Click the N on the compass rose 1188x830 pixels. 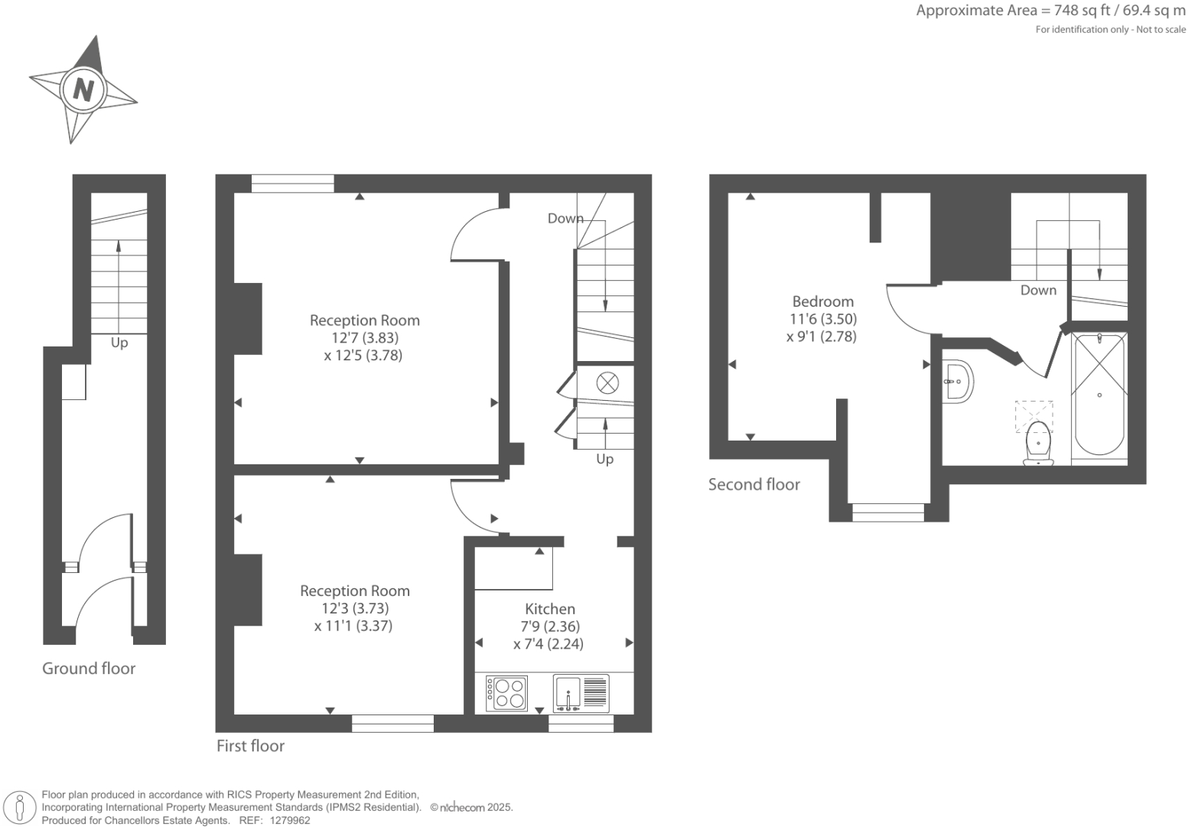pos(83,90)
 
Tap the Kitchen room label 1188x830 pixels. pos(549,609)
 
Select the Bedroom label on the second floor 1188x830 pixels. pos(822,301)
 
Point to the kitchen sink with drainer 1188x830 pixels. pos(581,693)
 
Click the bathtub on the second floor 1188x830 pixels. pos(1099,395)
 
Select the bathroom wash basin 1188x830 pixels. pos(957,381)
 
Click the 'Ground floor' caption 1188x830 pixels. pos(89,669)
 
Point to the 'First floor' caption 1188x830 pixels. pos(250,746)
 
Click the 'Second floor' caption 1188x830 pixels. pos(753,484)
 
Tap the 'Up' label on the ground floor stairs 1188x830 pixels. pos(119,343)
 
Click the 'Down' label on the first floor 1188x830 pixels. pos(565,219)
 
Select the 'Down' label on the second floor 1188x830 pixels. pos(1038,290)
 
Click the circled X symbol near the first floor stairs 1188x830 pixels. pos(607,382)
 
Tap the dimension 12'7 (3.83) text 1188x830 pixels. pos(365,337)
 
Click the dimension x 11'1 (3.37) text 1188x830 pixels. pos(353,626)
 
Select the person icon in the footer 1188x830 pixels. pos(21,807)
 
